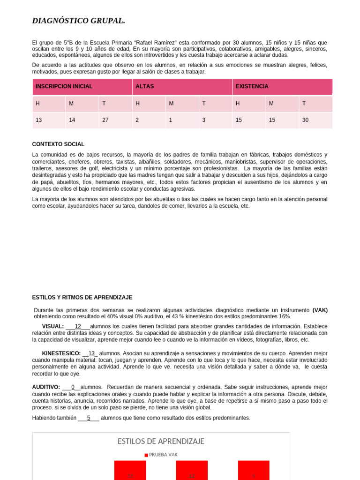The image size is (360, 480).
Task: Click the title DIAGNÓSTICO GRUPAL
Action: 78,21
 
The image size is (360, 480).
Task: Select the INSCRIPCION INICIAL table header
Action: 64,87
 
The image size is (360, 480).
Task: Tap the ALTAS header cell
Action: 144,87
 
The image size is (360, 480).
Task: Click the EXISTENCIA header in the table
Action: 252,87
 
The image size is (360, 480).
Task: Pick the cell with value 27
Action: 105,120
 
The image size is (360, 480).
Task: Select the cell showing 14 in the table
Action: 72,120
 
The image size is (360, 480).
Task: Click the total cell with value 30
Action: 306,120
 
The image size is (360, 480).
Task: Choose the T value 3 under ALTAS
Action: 203,120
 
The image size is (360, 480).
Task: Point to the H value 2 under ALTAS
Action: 137,120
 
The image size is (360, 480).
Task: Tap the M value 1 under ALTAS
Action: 171,120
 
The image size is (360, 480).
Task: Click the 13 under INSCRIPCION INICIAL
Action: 39,120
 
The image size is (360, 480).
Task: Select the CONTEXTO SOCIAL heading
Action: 58,144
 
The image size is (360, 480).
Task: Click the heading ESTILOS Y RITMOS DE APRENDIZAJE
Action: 82,298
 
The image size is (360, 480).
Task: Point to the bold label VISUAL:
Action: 52,326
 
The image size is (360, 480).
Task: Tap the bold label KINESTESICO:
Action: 61,353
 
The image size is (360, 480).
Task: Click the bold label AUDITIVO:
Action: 46,387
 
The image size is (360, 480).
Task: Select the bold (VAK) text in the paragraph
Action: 320,310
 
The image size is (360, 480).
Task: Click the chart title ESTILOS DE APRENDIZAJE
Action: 161,442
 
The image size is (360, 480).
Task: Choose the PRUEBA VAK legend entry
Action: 161,455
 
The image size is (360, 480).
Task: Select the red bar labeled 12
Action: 192,471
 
